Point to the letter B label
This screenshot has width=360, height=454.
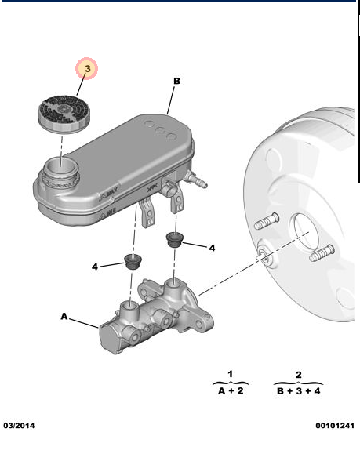tap(176, 81)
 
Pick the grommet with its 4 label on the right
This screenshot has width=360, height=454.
tap(174, 239)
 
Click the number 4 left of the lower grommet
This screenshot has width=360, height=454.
tap(94, 267)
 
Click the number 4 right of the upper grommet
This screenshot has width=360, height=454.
tap(211, 248)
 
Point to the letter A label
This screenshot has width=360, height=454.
tap(64, 317)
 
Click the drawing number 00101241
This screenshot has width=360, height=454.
tap(334, 426)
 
